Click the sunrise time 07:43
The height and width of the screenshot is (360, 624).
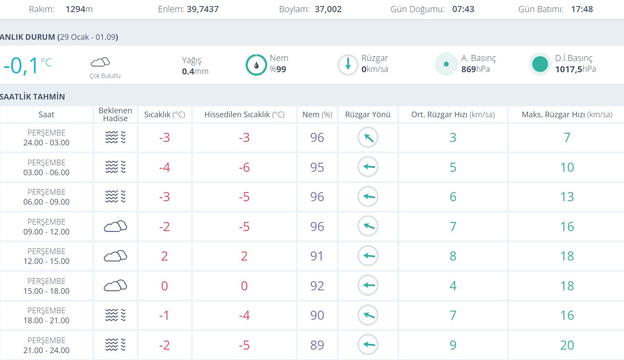click(463, 9)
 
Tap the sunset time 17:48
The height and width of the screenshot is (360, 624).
click(582, 9)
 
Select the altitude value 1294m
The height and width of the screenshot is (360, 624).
click(79, 9)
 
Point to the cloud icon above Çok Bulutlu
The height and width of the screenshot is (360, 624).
click(100, 62)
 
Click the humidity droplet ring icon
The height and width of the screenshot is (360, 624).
click(256, 65)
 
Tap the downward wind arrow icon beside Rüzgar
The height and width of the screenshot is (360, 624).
click(348, 65)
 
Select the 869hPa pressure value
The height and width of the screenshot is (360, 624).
click(475, 69)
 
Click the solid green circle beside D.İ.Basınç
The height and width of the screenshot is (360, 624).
click(540, 64)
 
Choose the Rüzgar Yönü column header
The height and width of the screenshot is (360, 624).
click(368, 115)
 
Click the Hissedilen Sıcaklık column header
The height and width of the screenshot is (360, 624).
click(244, 115)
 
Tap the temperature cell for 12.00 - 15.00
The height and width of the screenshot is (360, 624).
click(164, 256)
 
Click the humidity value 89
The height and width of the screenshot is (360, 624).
click(317, 345)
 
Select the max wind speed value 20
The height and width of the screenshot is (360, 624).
click(567, 345)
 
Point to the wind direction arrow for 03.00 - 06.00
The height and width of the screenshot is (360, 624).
click(368, 167)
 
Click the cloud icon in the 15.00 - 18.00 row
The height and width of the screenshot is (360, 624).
click(115, 286)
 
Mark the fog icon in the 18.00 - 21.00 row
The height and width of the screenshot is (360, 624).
click(115, 315)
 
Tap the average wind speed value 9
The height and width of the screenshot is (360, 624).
click(453, 345)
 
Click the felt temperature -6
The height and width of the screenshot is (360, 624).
click(244, 167)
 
